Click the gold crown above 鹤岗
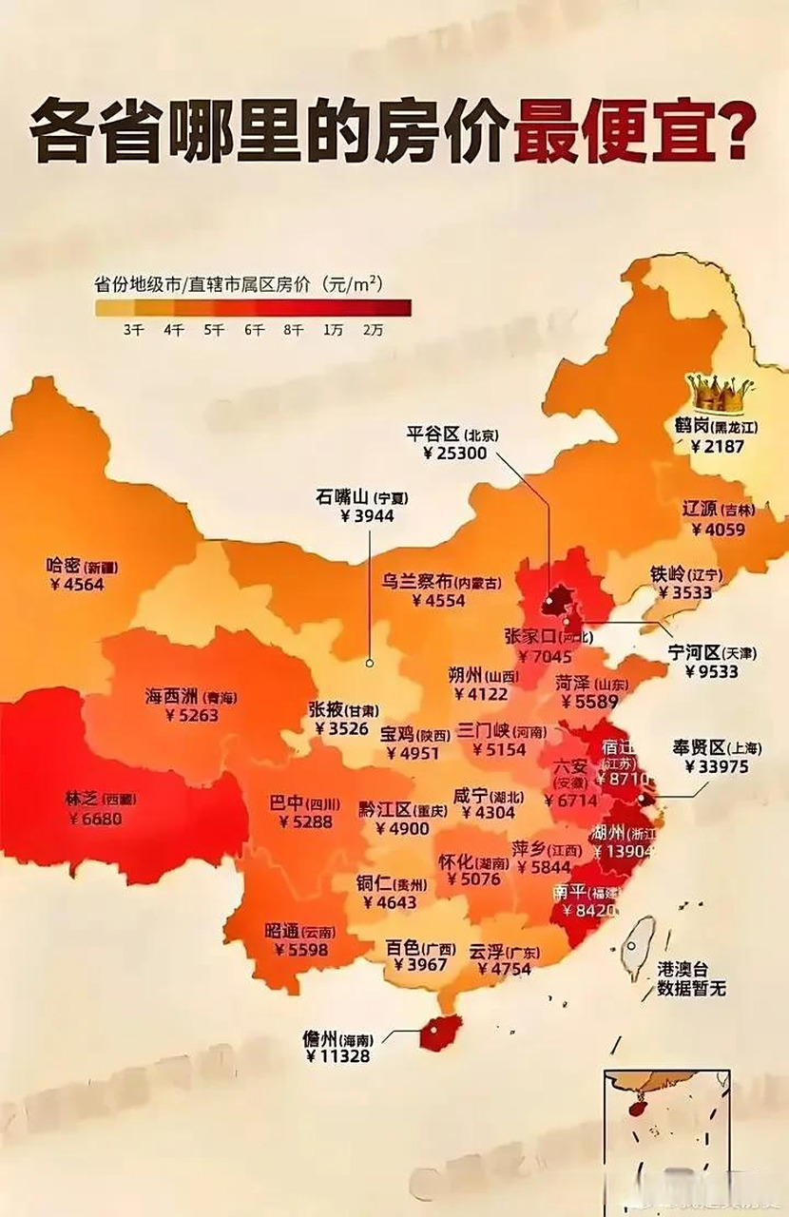coord(719,392)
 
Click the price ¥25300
coord(454,454)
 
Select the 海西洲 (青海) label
coord(190,697)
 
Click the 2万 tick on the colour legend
coord(372,330)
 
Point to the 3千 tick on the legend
coord(132,330)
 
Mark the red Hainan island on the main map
coord(440,1032)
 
